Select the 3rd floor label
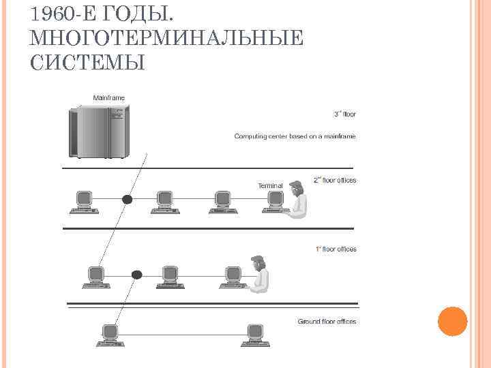[344, 114]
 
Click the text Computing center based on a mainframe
[295, 136]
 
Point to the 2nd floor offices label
[334, 181]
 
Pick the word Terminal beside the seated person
[270, 185]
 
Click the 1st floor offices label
[336, 249]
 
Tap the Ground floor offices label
[327, 322]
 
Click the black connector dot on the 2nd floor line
[127, 200]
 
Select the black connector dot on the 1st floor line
[136, 275]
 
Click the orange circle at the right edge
[451, 321]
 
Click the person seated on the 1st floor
[258, 274]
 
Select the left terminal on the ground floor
[109, 335]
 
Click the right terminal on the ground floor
[255, 335]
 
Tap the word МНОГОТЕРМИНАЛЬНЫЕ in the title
[167, 38]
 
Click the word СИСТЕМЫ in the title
[88, 63]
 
